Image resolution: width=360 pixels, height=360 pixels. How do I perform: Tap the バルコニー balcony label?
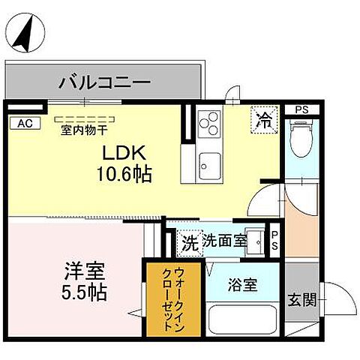click(104, 80)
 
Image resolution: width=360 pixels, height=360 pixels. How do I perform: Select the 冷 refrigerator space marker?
click(264, 118)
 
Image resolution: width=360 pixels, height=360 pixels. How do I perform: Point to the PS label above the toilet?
click(301, 110)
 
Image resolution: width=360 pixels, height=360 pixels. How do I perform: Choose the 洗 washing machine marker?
click(190, 242)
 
